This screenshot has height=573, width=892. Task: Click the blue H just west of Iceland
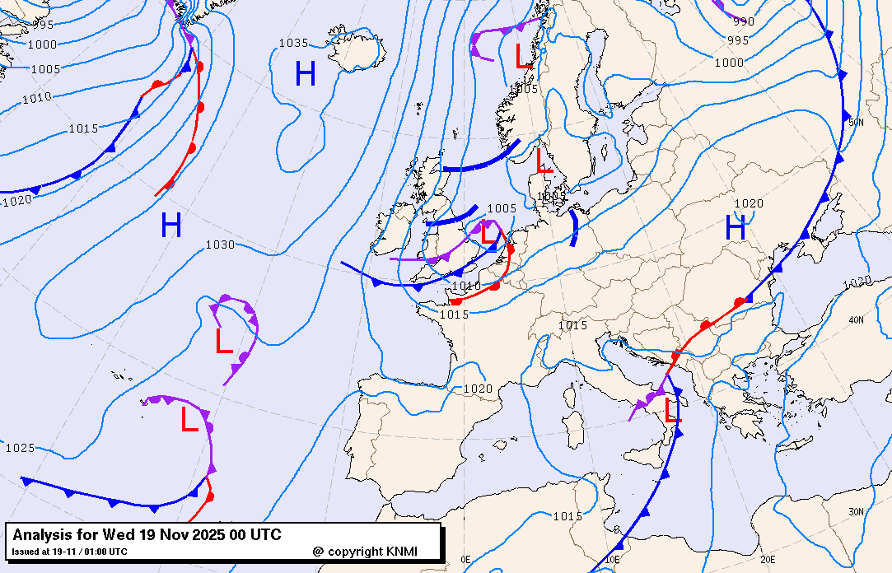click(x=306, y=75)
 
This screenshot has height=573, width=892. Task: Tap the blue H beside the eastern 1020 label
click(x=736, y=226)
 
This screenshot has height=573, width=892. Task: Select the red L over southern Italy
click(x=673, y=412)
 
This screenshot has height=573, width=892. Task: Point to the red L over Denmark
click(x=544, y=160)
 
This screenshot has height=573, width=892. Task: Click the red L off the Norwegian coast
click(x=523, y=56)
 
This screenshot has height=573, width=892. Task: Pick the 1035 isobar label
click(x=292, y=43)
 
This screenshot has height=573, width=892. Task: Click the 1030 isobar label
click(x=220, y=245)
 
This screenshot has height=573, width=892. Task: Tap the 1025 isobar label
click(x=20, y=448)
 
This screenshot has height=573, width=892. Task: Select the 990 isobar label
click(x=743, y=22)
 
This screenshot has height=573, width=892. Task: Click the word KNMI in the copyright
click(x=406, y=551)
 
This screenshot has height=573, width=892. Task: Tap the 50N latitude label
click(x=856, y=122)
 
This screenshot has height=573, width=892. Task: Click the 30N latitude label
click(x=856, y=511)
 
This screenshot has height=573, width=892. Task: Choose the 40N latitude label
click(x=856, y=320)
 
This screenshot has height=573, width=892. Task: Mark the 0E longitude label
click(x=465, y=559)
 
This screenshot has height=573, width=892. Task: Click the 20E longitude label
click(x=768, y=559)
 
